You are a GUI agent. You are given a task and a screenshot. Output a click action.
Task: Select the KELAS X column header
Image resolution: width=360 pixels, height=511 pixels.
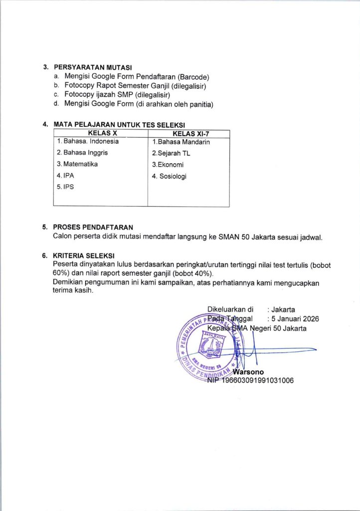point(102,134)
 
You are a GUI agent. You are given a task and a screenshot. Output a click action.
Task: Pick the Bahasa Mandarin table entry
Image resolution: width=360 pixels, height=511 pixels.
point(181,142)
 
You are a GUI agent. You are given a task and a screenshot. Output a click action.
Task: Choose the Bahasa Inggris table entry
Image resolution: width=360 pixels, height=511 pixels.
point(82,153)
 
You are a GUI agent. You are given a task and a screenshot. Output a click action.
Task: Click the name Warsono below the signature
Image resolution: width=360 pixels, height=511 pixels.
point(248,372)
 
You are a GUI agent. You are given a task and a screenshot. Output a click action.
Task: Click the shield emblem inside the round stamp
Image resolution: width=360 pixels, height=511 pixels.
point(212,344)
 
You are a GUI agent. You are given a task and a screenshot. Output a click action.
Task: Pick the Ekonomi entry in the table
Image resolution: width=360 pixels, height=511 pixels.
point(168,165)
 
